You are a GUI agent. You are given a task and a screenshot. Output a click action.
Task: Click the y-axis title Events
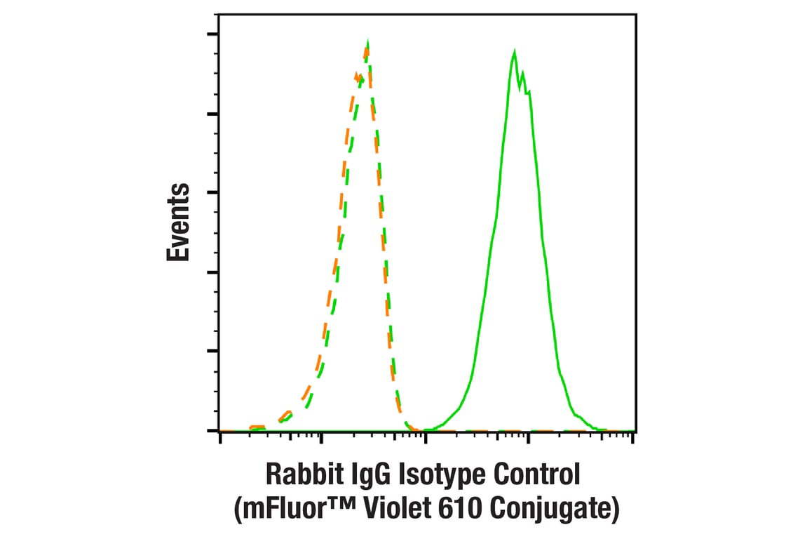[x=178, y=222]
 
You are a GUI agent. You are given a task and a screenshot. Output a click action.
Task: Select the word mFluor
[x=278, y=510]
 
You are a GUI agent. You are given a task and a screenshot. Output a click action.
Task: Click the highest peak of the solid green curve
[x=515, y=52]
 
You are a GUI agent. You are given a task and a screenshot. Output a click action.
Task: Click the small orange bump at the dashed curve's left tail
[x=257, y=426]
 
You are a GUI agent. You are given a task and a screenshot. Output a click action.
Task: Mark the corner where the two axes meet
[x=219, y=431]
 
